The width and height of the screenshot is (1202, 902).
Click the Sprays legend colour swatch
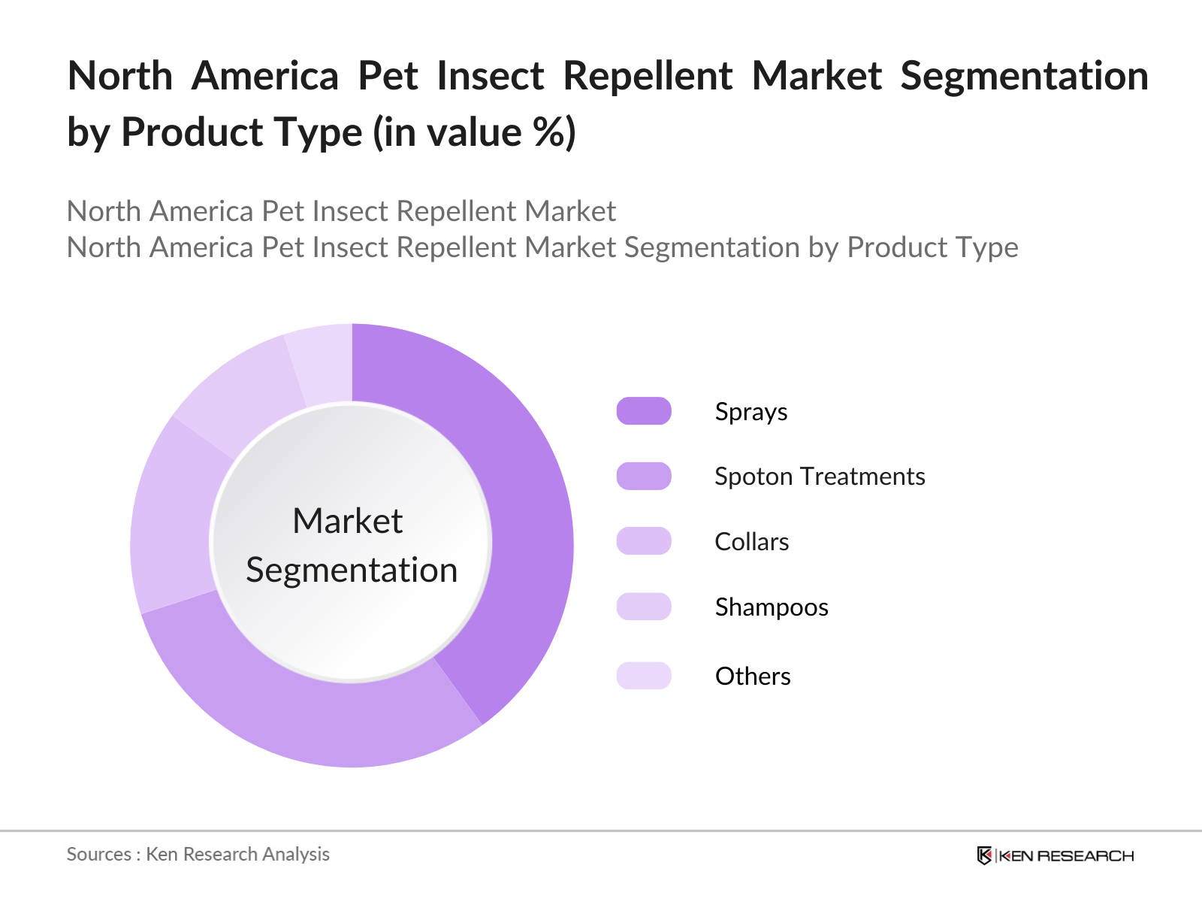tap(644, 411)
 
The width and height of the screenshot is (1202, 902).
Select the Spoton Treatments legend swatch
tap(644, 476)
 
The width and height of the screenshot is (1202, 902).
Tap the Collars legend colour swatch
tap(644, 541)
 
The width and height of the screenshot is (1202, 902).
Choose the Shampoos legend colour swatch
tap(644, 607)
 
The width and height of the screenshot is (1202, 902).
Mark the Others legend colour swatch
tap(644, 676)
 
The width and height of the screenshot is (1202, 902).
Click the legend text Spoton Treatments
tap(820, 477)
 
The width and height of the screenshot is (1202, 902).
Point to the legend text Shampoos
tap(772, 607)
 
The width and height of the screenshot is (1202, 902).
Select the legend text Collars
tap(751, 542)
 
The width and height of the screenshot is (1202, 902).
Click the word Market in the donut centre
tap(348, 521)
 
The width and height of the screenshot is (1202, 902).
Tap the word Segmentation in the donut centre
tap(352, 570)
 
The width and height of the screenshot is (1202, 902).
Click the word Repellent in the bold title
tap(648, 77)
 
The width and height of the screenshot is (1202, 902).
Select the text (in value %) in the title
tap(475, 133)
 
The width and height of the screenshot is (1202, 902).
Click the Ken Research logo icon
tap(984, 855)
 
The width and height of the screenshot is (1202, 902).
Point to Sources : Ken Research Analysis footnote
tap(198, 855)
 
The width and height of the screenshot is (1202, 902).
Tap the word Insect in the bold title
tap(491, 77)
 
